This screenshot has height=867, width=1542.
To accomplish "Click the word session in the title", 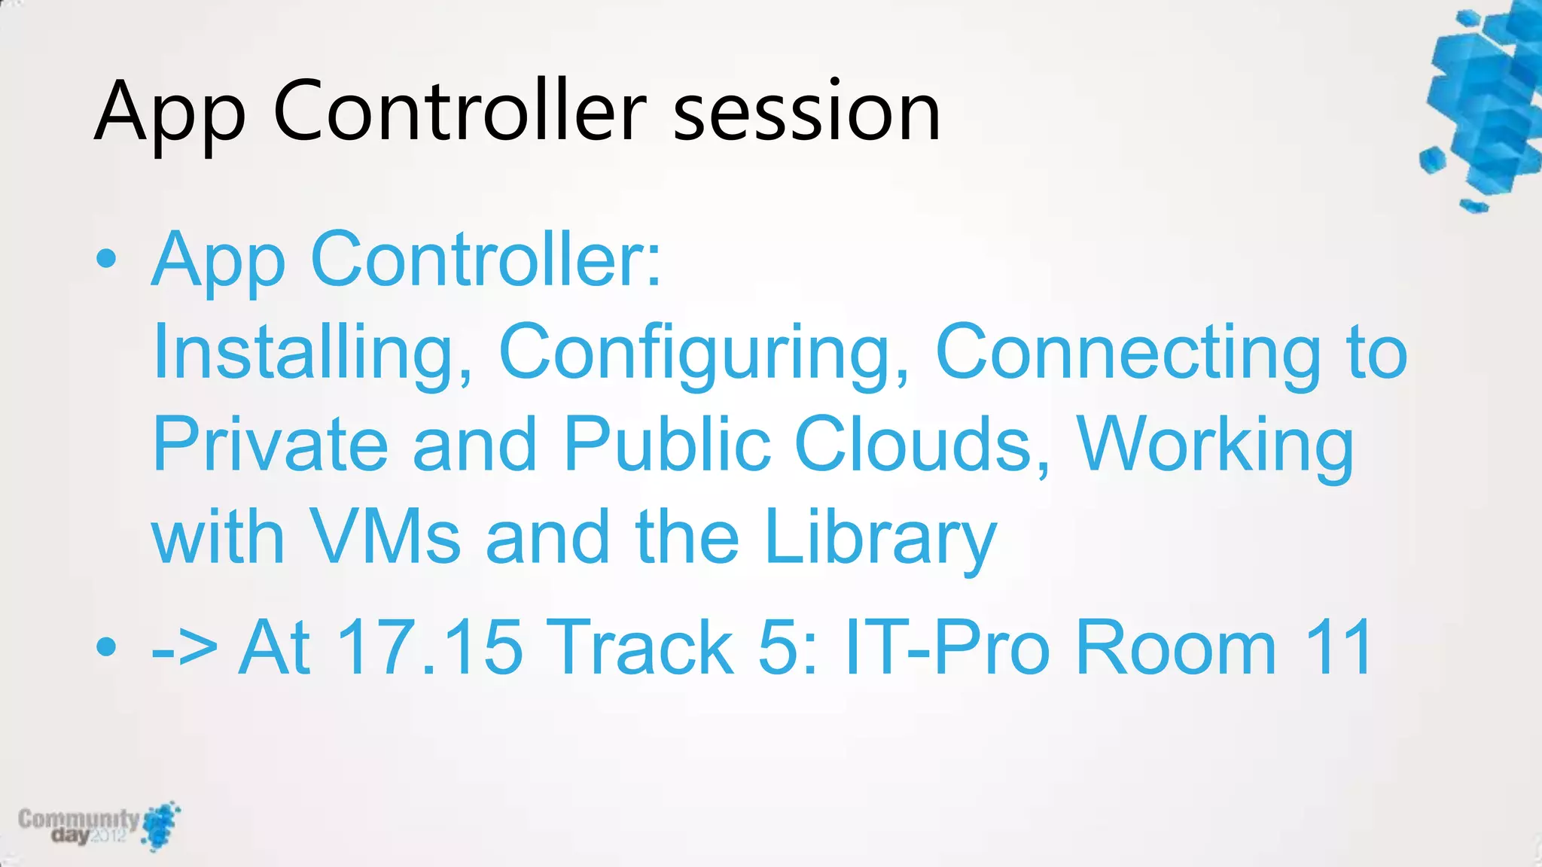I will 806,113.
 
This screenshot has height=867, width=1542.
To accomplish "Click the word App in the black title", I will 170,113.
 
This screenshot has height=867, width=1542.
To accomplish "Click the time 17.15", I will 429,646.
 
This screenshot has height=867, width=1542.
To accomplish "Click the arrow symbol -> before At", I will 184,648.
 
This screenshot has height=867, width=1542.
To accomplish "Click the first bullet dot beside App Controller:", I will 107,260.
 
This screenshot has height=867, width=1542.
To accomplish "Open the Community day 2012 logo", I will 98,826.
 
